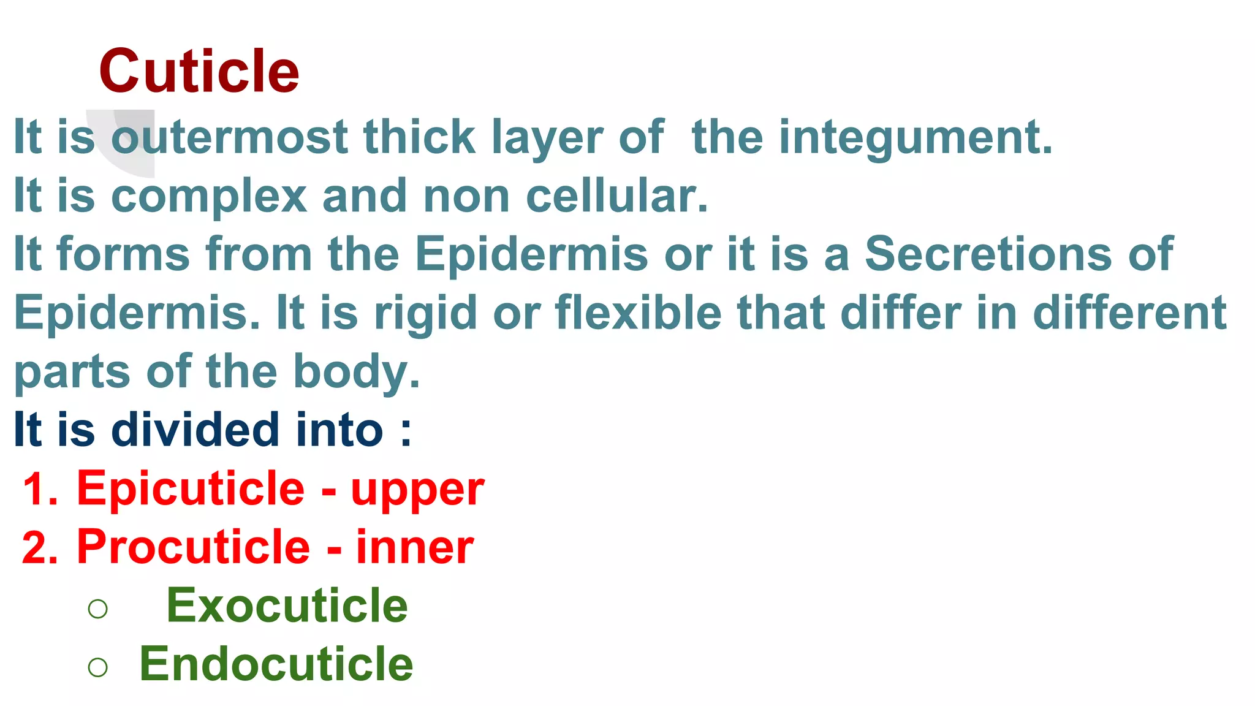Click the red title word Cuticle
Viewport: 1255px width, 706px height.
pos(199,72)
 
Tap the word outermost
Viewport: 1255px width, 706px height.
pos(229,137)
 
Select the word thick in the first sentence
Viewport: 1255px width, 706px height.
pos(419,137)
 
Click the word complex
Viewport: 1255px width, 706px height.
pos(209,197)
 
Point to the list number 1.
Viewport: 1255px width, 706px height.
pos(39,490)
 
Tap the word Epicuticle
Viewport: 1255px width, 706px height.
pos(191,490)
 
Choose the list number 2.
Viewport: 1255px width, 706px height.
pos(39,547)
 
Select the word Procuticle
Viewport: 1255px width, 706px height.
pos(194,547)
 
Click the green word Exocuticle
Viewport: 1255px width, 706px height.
pos(287,605)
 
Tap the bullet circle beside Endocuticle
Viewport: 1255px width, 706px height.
pos(98,667)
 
